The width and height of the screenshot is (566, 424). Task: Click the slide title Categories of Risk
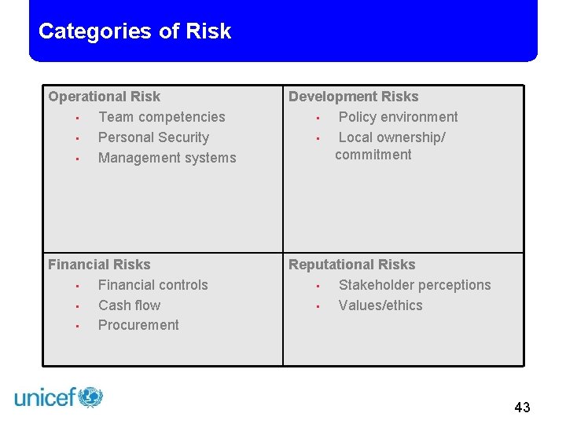pos(134,31)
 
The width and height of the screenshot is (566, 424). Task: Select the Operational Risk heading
pos(104,97)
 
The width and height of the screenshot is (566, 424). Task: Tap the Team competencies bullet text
pos(161,117)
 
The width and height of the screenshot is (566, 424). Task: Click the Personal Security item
pos(153,137)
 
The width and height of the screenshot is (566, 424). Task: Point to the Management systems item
pos(167,158)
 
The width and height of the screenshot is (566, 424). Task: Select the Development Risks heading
pos(353,97)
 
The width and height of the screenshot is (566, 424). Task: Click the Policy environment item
pos(398,117)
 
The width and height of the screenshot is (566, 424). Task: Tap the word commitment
pos(373,155)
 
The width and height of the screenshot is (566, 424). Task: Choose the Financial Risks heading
pos(99,265)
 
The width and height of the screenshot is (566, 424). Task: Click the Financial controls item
pos(153,285)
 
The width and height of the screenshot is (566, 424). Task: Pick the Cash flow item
pos(129,305)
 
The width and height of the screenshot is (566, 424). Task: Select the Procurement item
pos(138,325)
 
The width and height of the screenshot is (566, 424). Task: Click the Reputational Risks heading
pos(351,265)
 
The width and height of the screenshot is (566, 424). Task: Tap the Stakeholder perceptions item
pos(414,285)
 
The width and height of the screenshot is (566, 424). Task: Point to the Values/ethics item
pos(380,305)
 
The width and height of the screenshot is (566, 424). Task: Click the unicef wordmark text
pos(45,398)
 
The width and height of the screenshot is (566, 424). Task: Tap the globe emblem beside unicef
pos(90,397)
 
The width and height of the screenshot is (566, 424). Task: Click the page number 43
pos(522,407)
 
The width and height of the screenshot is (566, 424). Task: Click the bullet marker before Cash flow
pos(78,306)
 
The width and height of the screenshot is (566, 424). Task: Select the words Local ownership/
pos(391,137)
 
